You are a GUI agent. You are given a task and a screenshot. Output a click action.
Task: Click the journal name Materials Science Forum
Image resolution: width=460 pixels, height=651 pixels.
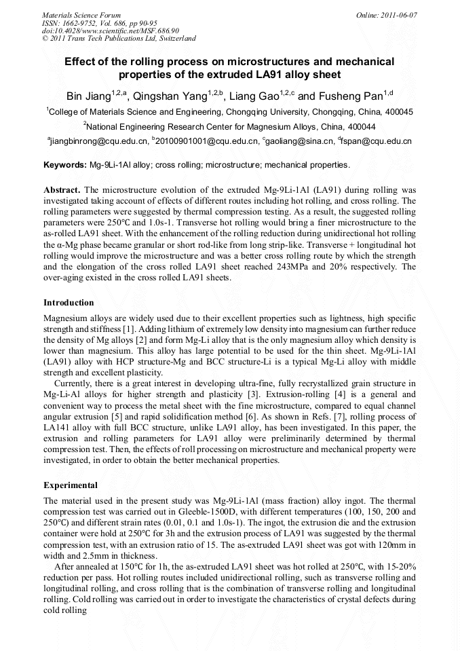click(x=81, y=14)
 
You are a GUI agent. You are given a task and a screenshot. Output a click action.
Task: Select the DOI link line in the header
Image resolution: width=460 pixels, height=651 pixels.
click(x=110, y=31)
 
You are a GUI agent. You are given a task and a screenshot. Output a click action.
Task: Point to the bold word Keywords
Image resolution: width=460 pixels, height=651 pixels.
click(x=64, y=165)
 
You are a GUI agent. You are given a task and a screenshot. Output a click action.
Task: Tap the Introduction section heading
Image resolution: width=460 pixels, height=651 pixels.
click(x=69, y=302)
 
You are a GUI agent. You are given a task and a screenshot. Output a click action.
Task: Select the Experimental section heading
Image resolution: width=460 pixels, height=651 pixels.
click(x=71, y=485)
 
